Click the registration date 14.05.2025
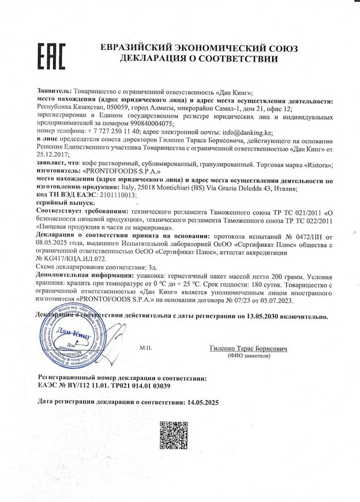(200, 402)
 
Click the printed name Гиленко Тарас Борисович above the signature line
(249, 349)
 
